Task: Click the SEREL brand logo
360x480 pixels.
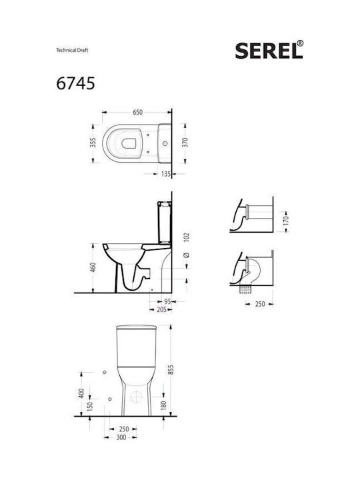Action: (269, 50)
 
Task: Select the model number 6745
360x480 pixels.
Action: (75, 83)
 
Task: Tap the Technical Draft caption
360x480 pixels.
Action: (72, 50)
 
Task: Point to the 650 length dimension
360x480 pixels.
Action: (138, 113)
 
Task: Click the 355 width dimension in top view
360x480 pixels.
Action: (93, 143)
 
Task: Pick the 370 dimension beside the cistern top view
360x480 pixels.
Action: (185, 143)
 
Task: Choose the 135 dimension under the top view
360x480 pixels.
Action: (165, 174)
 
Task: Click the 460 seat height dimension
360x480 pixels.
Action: (93, 267)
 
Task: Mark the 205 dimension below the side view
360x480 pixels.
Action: (161, 309)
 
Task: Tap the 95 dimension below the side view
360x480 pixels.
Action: (167, 301)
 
